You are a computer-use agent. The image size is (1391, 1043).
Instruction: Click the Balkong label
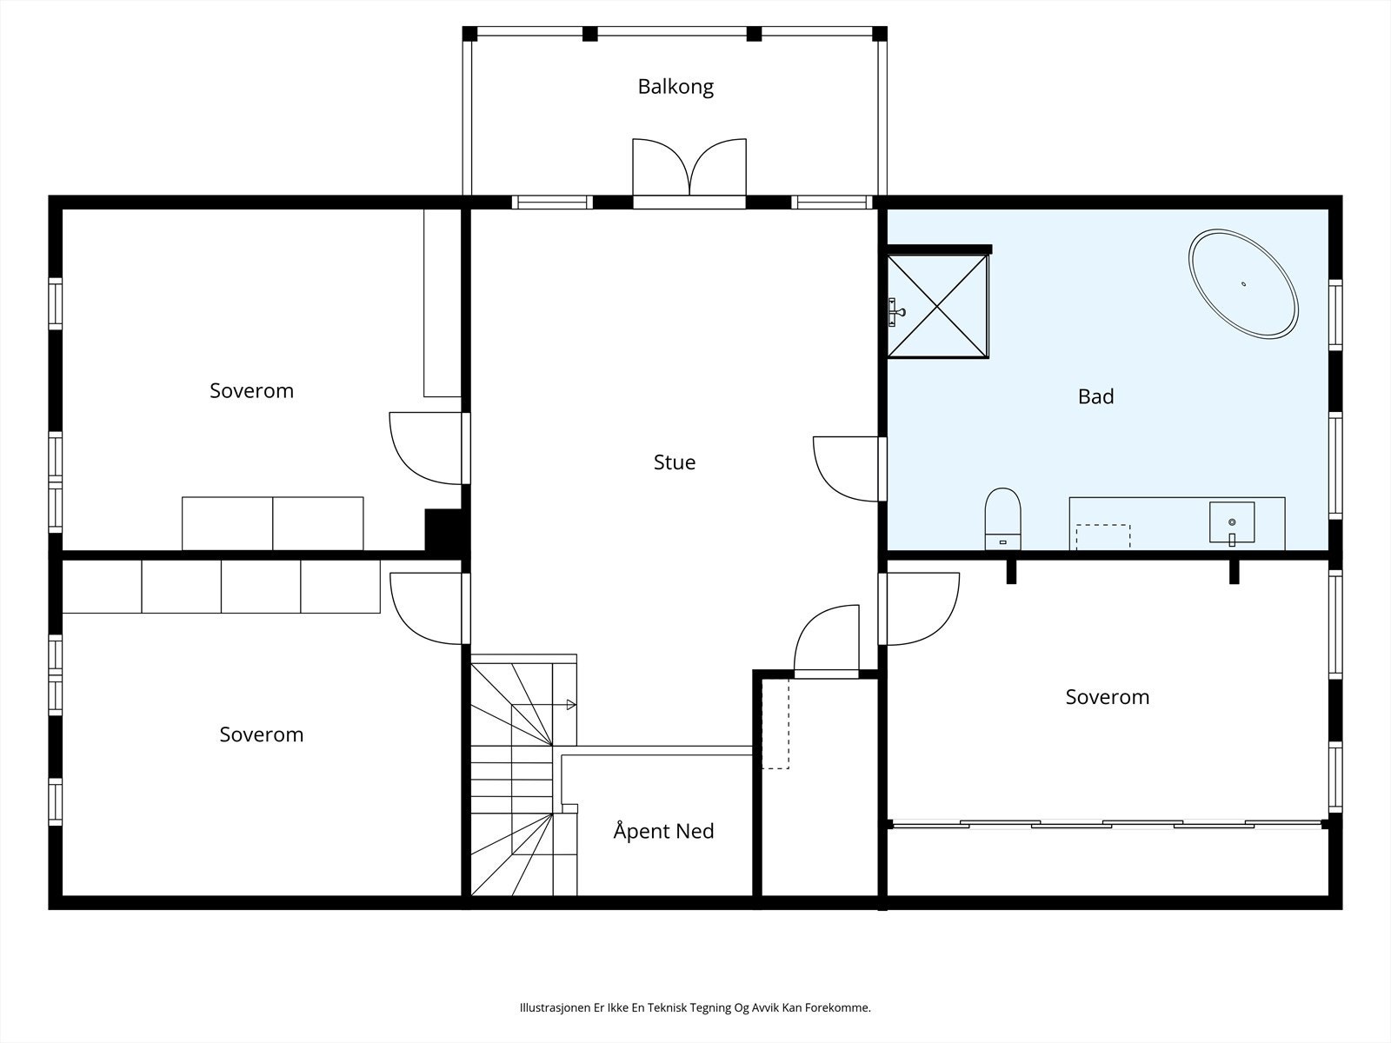676,87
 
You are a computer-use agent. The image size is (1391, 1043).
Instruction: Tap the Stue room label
675,462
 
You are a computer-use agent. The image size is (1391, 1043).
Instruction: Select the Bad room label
1095,396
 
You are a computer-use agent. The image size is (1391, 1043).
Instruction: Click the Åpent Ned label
663,830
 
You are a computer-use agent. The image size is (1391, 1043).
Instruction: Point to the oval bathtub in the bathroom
1242,283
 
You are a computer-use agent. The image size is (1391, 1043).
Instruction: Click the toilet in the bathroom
1002,519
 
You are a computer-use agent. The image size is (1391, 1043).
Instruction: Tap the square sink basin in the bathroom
1232,522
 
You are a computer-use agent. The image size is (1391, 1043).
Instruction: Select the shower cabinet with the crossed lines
937,307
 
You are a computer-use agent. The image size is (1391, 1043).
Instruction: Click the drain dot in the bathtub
1243,283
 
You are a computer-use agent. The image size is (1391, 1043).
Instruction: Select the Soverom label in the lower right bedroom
1107,697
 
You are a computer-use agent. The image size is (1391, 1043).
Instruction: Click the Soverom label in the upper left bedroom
251,391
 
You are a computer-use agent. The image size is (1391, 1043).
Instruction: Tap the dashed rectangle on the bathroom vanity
1103,537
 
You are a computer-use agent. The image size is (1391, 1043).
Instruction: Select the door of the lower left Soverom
426,608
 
